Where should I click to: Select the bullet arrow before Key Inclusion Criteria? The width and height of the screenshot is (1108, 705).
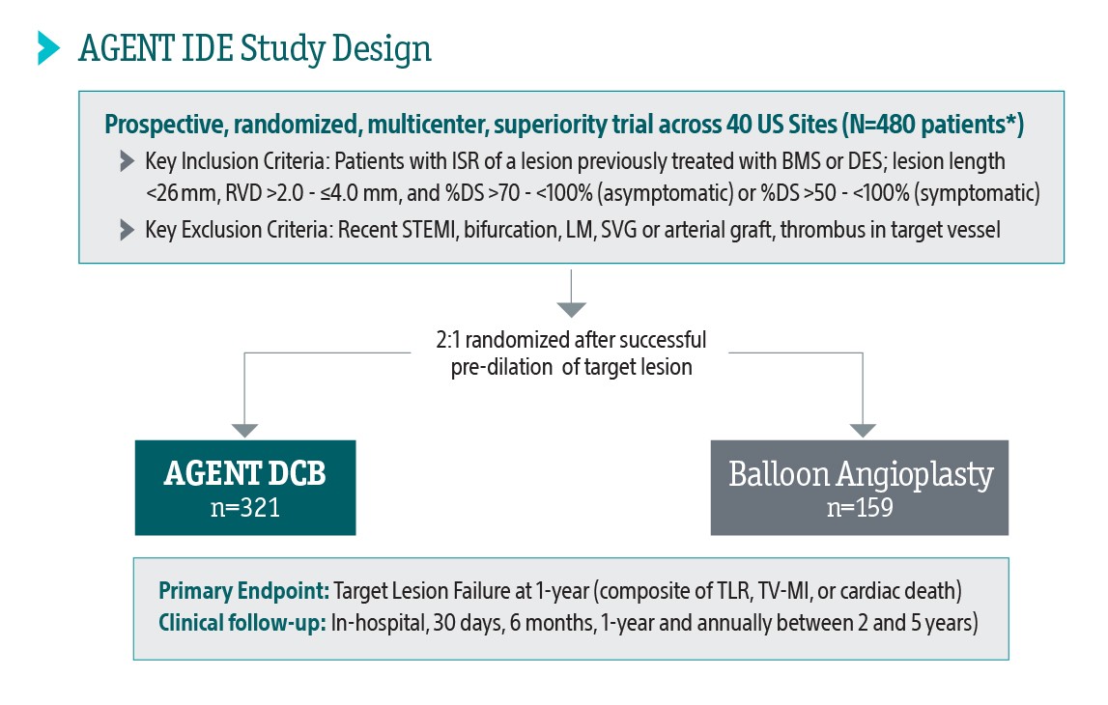[128, 159]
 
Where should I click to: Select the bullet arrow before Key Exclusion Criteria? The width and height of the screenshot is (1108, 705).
[128, 229]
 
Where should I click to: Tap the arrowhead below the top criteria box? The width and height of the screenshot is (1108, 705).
[572, 310]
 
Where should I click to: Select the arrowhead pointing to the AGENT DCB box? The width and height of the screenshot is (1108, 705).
[245, 430]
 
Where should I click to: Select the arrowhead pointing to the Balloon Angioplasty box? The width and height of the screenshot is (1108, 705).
[862, 430]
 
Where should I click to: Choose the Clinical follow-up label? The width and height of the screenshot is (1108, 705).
[241, 623]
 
